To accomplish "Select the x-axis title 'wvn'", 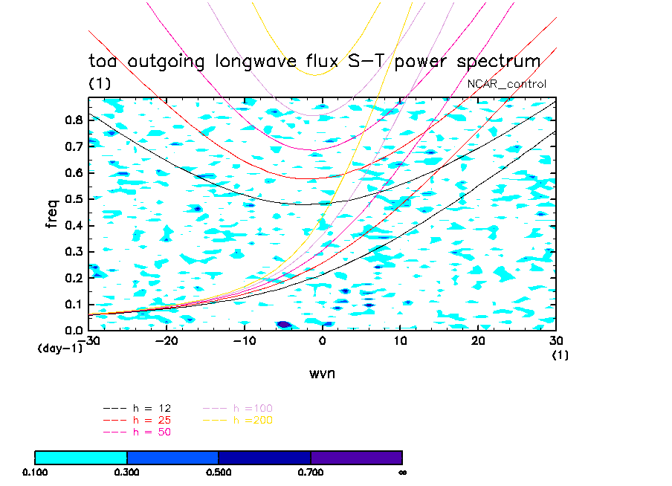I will pos(322,373).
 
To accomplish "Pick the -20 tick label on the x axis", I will pos(166,340).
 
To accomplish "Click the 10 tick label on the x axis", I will pos(400,340).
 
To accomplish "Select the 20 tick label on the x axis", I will pos(478,340).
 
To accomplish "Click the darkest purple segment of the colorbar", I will pos(356,457).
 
